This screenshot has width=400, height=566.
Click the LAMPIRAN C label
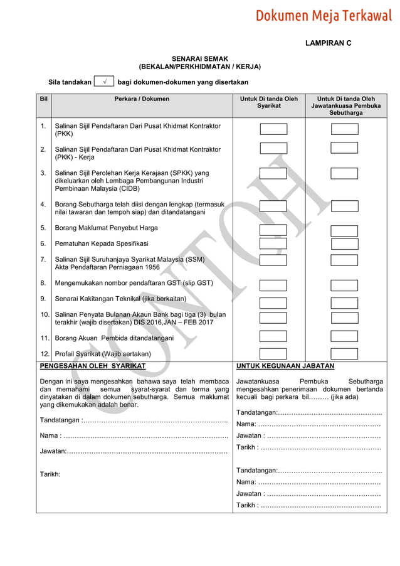[328, 45]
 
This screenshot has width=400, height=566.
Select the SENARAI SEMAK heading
[199, 59]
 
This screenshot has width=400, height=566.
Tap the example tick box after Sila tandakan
[104, 82]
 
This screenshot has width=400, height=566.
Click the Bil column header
[43, 99]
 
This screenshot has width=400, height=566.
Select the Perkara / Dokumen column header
[142, 99]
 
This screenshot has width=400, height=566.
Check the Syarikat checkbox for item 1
[273, 129]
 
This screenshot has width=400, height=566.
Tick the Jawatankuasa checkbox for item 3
[344, 173]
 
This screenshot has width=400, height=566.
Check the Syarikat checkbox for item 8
[273, 286]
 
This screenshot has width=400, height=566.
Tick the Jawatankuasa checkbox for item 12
[344, 354]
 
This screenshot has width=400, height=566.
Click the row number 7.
[43, 259]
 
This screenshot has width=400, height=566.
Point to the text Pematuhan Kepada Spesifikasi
[102, 243]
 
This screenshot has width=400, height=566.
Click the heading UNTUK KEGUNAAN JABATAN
[285, 366]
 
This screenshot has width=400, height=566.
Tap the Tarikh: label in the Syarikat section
[50, 474]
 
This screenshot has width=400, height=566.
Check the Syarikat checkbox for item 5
[273, 230]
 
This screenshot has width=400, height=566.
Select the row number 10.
[45, 314]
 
